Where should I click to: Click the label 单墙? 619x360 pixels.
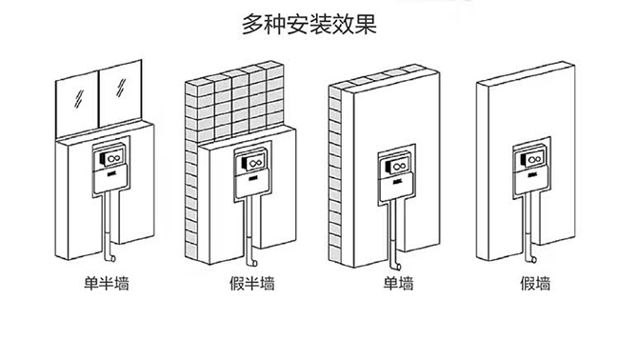coord(398,283)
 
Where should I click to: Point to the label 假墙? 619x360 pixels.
coord(534,283)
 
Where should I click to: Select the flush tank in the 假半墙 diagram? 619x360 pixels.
coord(253,168)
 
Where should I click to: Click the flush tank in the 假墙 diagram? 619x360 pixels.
coord(529,168)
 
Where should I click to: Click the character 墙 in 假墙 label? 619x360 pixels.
coord(542,283)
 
